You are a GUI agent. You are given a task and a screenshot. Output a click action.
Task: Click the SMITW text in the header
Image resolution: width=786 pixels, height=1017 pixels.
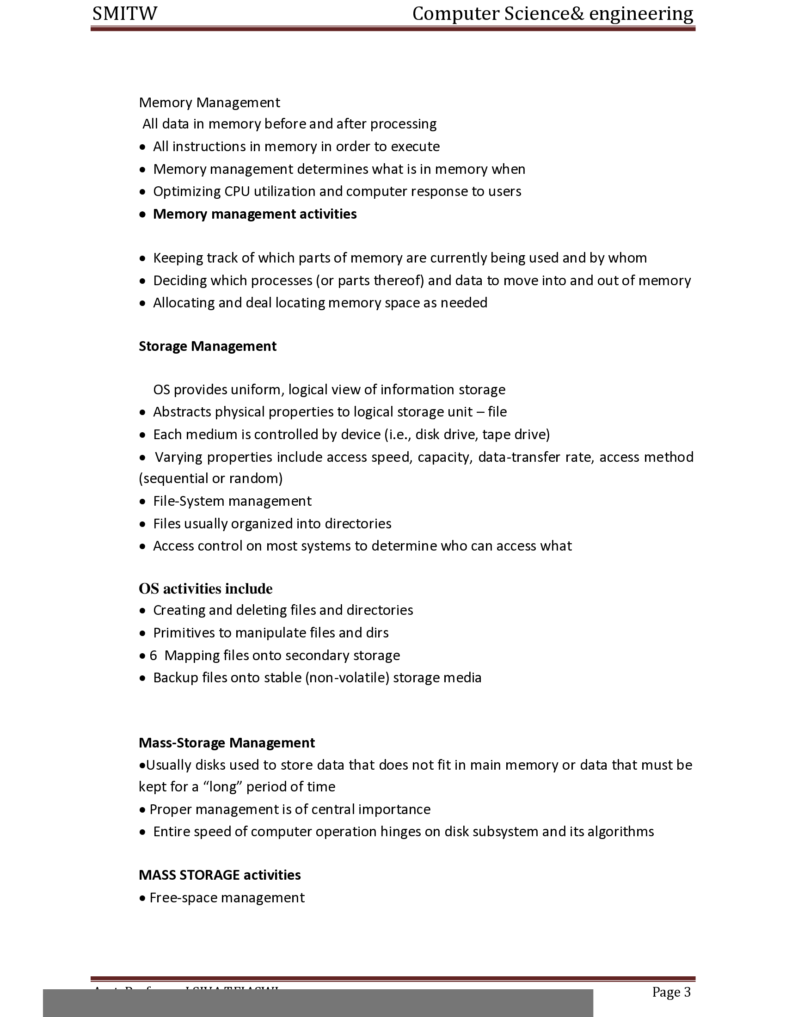pos(125,14)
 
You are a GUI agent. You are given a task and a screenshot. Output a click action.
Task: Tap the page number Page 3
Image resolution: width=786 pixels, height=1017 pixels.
pos(671,992)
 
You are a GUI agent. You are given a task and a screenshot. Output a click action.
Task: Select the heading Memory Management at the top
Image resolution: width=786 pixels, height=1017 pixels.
pos(209,103)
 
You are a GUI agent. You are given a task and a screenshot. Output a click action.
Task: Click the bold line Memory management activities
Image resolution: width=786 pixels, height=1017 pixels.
pos(255,214)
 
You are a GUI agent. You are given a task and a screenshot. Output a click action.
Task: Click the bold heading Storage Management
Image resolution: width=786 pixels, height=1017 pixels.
pos(207,346)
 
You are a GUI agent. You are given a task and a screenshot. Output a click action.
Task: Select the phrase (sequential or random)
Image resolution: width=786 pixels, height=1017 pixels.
pos(210,479)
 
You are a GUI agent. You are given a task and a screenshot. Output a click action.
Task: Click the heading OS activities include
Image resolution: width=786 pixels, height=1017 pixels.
pos(205,589)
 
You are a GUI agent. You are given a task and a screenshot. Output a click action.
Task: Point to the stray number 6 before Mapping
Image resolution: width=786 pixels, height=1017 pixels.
pos(153,656)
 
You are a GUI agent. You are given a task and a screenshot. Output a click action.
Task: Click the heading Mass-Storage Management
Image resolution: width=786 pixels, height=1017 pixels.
pos(226,743)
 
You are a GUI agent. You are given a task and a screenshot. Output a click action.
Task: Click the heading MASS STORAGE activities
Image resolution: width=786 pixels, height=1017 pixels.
pos(219,875)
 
